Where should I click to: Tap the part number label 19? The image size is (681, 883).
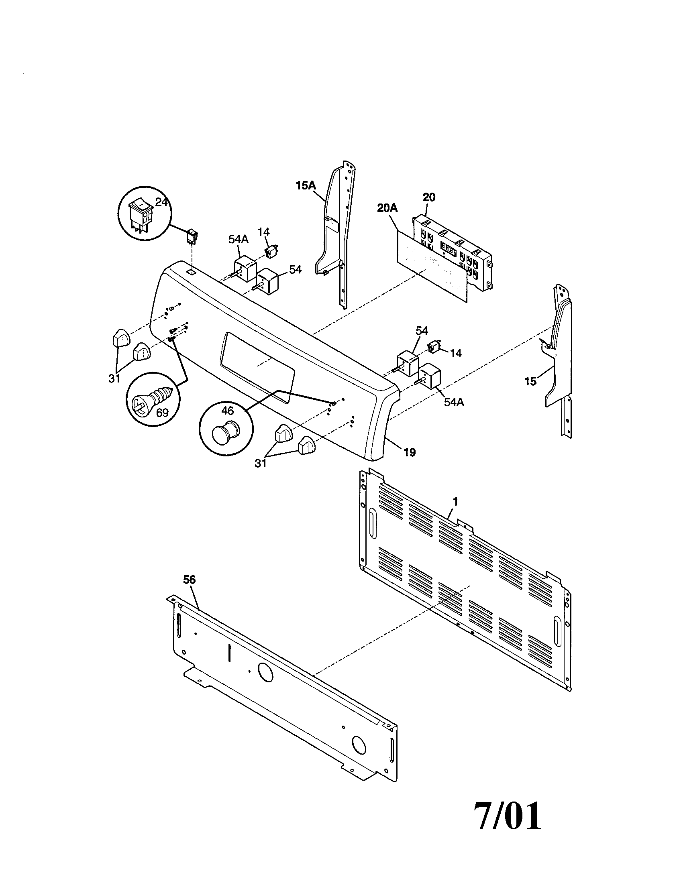[x=410, y=452]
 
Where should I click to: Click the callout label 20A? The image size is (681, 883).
[x=387, y=209]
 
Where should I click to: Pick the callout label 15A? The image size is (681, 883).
[x=305, y=185]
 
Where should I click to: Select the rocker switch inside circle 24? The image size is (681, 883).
[x=139, y=218]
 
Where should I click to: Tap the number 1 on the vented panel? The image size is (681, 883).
[x=455, y=502]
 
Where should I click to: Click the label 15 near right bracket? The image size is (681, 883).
[x=530, y=381]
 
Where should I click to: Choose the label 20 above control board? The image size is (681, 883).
[x=429, y=197]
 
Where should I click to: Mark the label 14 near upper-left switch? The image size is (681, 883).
[x=263, y=232]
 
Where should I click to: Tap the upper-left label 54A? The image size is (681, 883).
[x=238, y=239]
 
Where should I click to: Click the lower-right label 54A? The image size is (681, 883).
[x=454, y=402]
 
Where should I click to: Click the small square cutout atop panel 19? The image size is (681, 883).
[x=191, y=273]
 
